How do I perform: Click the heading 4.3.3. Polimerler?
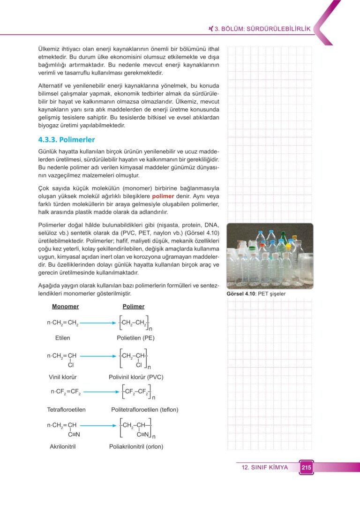[66, 140]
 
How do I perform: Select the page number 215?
[306, 467]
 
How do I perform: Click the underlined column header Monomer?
[65, 307]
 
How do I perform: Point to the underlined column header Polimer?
[134, 307]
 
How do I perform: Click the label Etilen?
[62, 338]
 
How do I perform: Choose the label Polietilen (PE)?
[135, 338]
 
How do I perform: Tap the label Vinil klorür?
[63, 377]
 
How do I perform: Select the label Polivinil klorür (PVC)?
[136, 377]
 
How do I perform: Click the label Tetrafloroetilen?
[66, 409]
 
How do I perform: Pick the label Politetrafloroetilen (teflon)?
[145, 409]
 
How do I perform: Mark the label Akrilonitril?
[63, 446]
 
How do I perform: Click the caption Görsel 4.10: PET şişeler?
[256, 294]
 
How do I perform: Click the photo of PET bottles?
[270, 256]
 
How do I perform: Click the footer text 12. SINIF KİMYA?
[265, 467]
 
